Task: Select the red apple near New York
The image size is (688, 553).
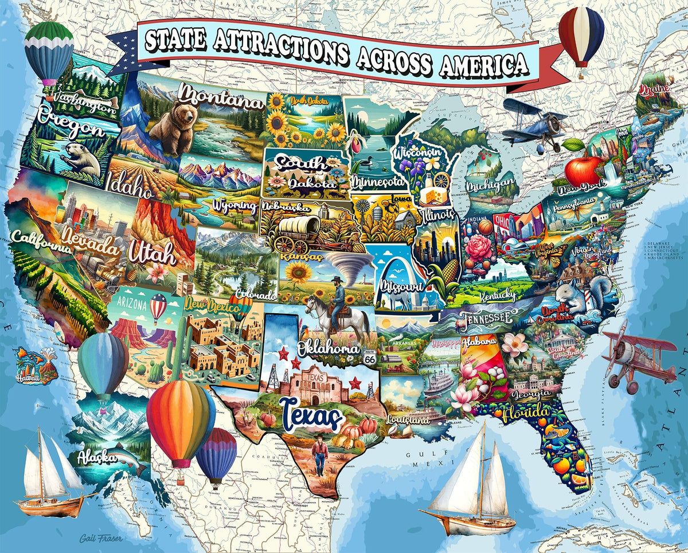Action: click(x=583, y=169)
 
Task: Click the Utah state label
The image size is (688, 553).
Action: click(x=152, y=253)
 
